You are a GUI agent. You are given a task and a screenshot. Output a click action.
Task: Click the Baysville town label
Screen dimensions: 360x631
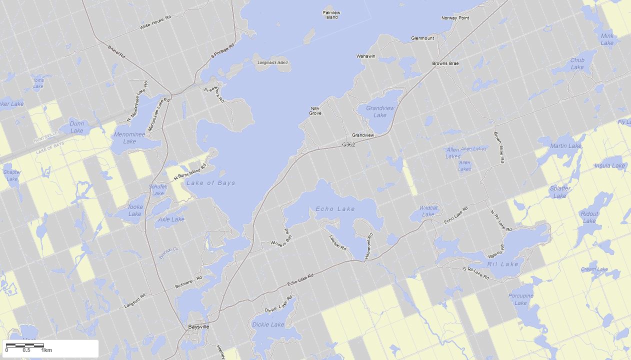point(198,326)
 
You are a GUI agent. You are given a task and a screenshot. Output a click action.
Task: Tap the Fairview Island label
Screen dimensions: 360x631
point(331,14)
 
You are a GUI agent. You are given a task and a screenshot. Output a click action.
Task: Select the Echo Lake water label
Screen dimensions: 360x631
point(335,209)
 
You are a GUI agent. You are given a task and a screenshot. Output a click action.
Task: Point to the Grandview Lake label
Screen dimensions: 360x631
point(380,111)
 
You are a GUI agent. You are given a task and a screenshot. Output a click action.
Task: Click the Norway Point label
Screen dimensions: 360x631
point(455,18)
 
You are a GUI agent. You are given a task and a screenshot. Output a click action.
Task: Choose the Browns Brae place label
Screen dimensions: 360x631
point(445,63)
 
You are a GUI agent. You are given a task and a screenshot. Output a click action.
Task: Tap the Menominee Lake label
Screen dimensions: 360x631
point(129,137)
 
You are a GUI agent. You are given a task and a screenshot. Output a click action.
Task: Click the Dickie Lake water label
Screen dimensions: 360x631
point(268,324)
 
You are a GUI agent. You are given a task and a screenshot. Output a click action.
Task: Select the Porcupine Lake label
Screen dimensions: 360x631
point(520,299)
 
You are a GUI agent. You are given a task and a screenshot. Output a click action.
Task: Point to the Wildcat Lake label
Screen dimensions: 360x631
point(428,211)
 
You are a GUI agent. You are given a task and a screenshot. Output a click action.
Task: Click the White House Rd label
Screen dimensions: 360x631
point(155,23)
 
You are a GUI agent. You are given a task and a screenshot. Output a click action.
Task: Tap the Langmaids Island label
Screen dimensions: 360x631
point(272,62)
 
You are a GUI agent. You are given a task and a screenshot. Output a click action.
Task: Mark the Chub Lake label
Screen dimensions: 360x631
point(577,63)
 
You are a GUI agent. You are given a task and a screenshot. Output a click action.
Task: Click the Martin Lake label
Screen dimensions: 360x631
point(565,146)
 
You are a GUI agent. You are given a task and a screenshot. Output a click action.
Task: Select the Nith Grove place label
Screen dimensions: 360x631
point(315,110)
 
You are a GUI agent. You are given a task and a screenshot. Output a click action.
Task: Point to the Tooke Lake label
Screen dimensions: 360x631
point(135,210)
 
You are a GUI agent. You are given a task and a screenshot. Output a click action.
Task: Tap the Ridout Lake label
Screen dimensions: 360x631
point(589,217)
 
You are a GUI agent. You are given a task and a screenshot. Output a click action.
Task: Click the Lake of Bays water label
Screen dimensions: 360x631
point(210,183)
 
